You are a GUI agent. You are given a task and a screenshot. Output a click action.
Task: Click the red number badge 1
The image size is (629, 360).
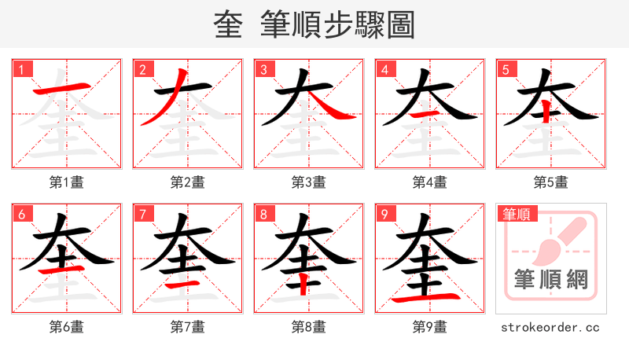(x=21, y=69)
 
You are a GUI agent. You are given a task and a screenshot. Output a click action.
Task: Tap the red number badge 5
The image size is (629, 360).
(x=506, y=69)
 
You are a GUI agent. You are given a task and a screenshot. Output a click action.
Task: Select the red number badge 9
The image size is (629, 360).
(x=384, y=214)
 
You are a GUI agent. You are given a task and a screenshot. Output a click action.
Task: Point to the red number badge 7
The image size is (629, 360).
(x=142, y=214)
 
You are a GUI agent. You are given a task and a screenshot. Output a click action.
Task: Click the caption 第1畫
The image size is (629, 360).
(x=66, y=182)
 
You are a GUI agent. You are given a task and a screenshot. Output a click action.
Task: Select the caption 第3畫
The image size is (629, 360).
(x=308, y=182)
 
